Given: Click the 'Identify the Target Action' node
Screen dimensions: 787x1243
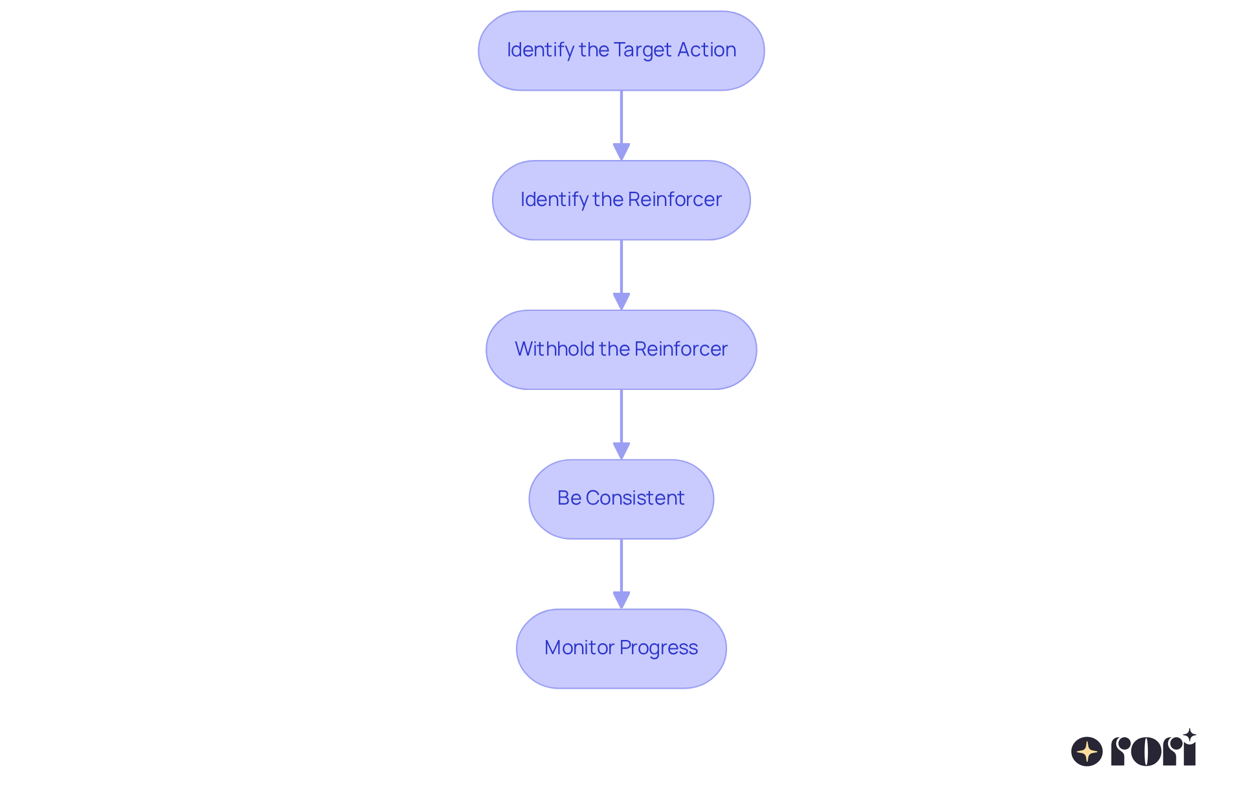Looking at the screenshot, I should coord(621,51).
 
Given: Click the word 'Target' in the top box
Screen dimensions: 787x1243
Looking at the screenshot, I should coord(642,50).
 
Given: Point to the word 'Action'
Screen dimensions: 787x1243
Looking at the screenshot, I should coord(706,50).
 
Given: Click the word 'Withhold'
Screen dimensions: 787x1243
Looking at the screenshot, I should coord(554,349).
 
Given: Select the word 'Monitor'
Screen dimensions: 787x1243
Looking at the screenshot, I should coord(579,648).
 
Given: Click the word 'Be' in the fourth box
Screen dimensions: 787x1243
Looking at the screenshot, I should coord(569,498).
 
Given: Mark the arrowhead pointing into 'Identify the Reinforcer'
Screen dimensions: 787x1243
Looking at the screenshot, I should coord(621,152).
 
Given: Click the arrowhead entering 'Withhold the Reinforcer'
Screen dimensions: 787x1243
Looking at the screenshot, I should coord(621,301).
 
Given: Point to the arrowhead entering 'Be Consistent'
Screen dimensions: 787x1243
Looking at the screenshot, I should coord(621,451).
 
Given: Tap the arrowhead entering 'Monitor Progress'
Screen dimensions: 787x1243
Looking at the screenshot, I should coord(621,600).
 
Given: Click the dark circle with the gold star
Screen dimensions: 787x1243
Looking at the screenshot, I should coord(1086,751).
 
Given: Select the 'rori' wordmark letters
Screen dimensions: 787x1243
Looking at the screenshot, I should coord(1153,751).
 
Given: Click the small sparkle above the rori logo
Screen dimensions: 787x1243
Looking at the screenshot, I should coord(1189,735).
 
